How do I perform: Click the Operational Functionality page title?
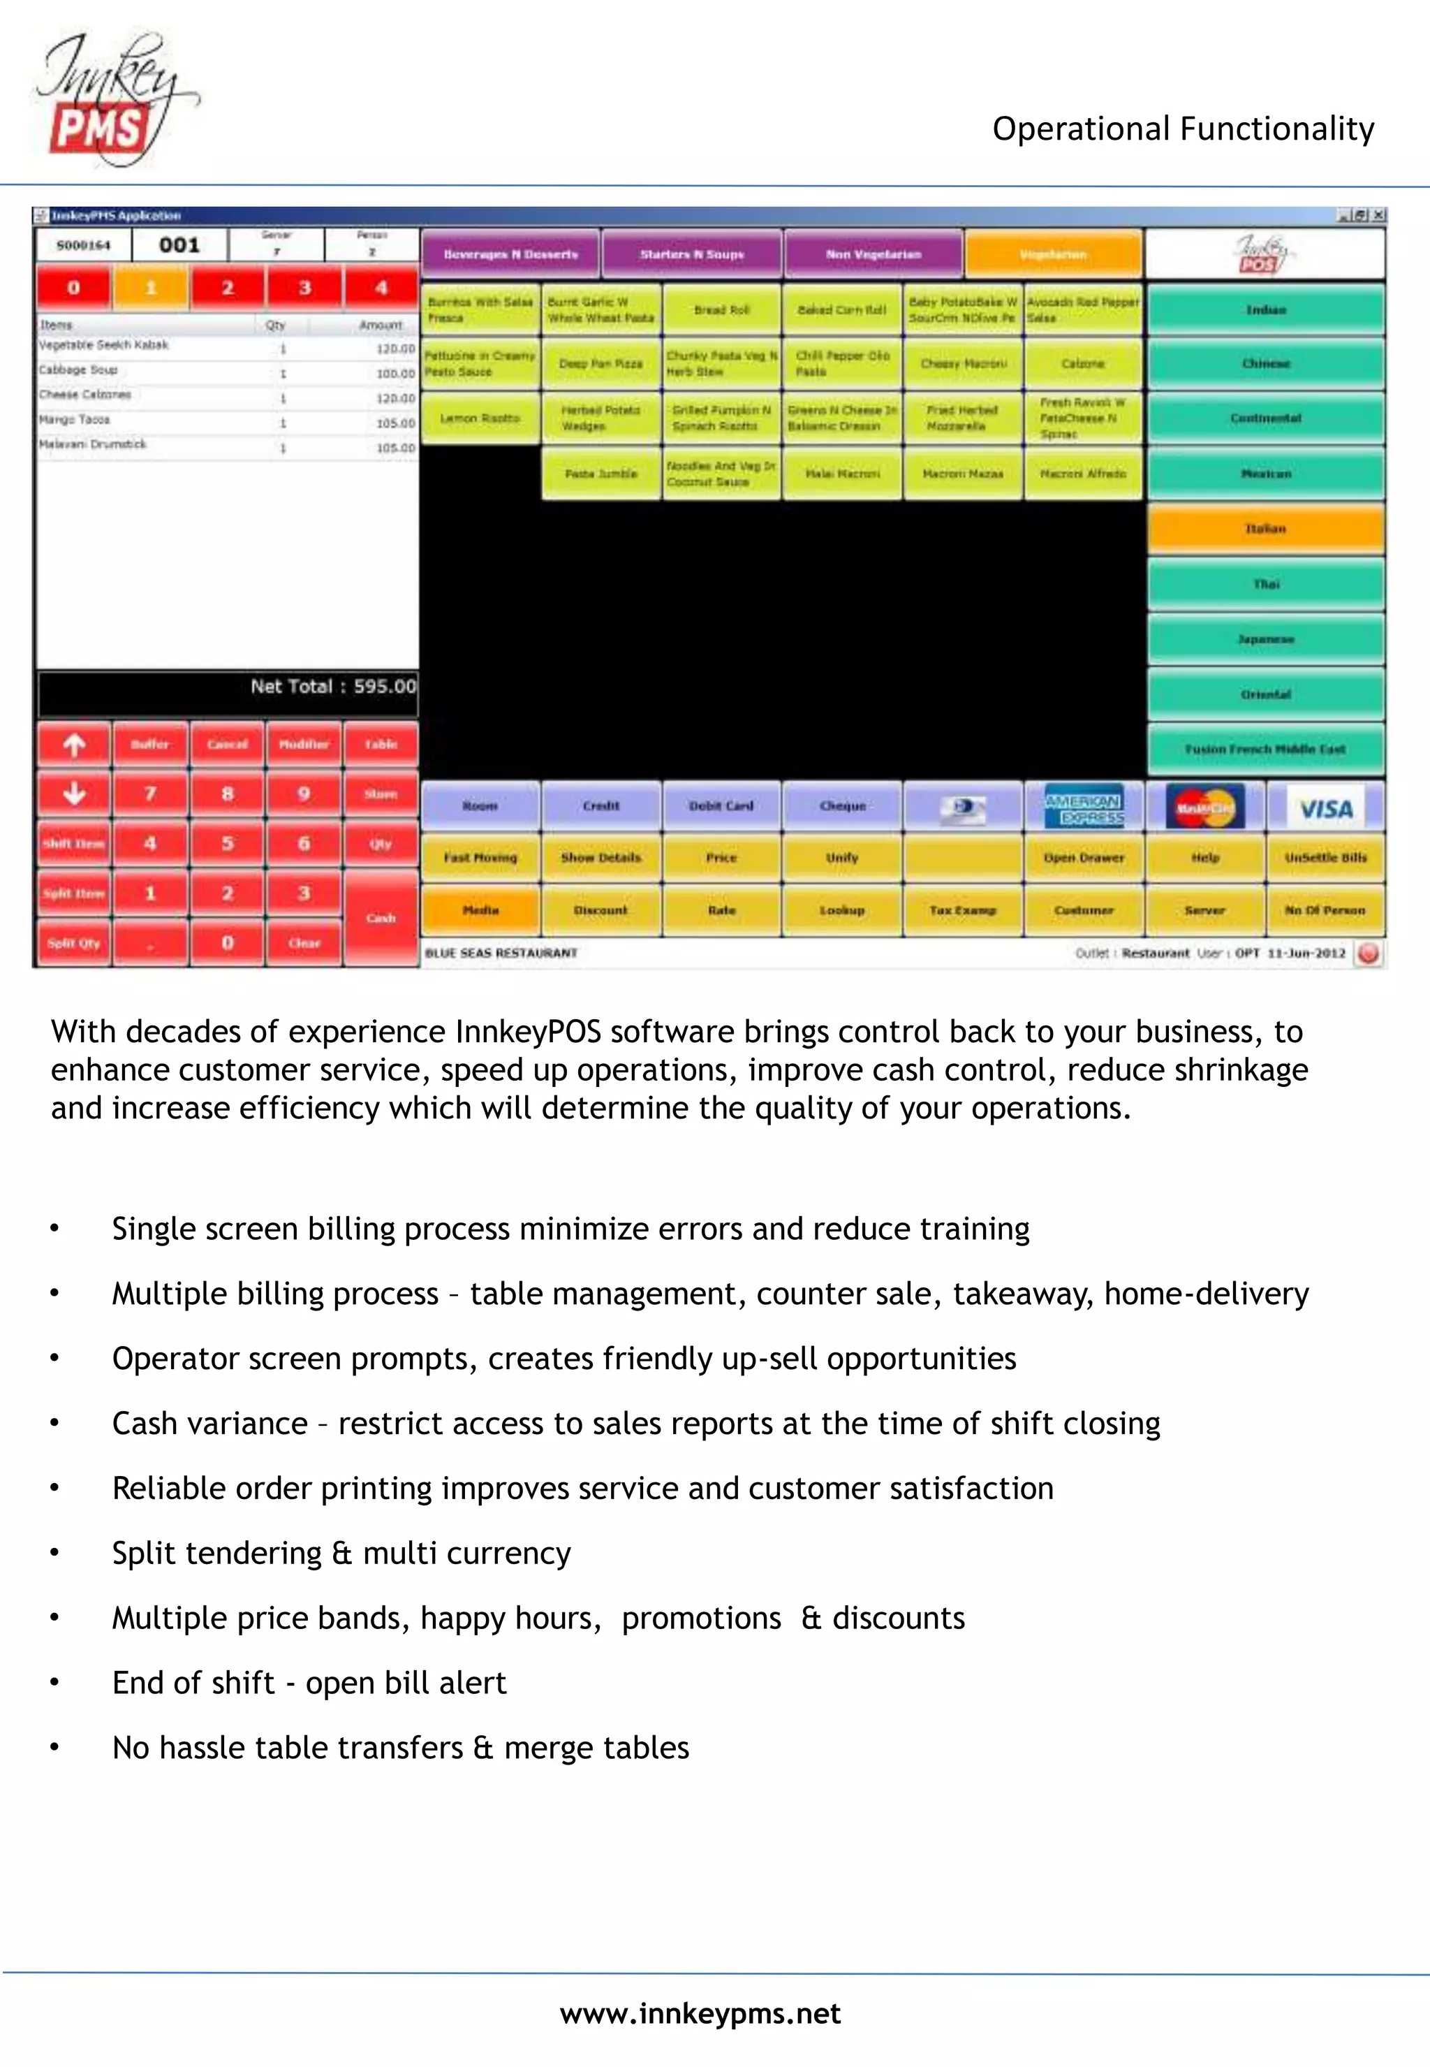[1183, 129]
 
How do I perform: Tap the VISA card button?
[1325, 808]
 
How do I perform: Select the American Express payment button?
[1083, 808]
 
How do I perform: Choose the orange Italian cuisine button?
[1265, 529]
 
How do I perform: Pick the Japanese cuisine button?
[1265, 639]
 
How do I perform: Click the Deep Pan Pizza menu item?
[600, 364]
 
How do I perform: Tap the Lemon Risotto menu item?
[480, 418]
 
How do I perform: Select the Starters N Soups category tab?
[692, 254]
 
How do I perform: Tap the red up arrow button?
[75, 744]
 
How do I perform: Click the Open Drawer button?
[1083, 858]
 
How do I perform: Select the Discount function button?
[600, 910]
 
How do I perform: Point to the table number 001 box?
[179, 244]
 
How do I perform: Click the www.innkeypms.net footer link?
[700, 2014]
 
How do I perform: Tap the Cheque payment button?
[842, 806]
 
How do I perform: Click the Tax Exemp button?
[962, 910]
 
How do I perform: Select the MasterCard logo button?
[1204, 808]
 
